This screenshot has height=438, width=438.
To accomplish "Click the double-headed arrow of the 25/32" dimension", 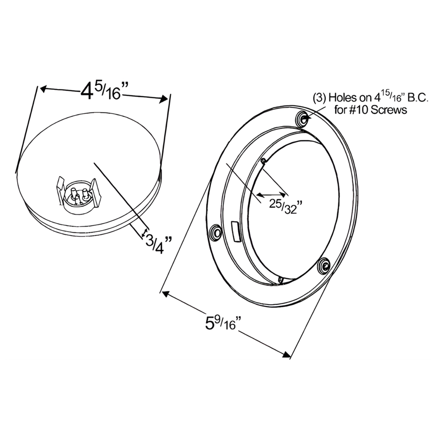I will [271, 195].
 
